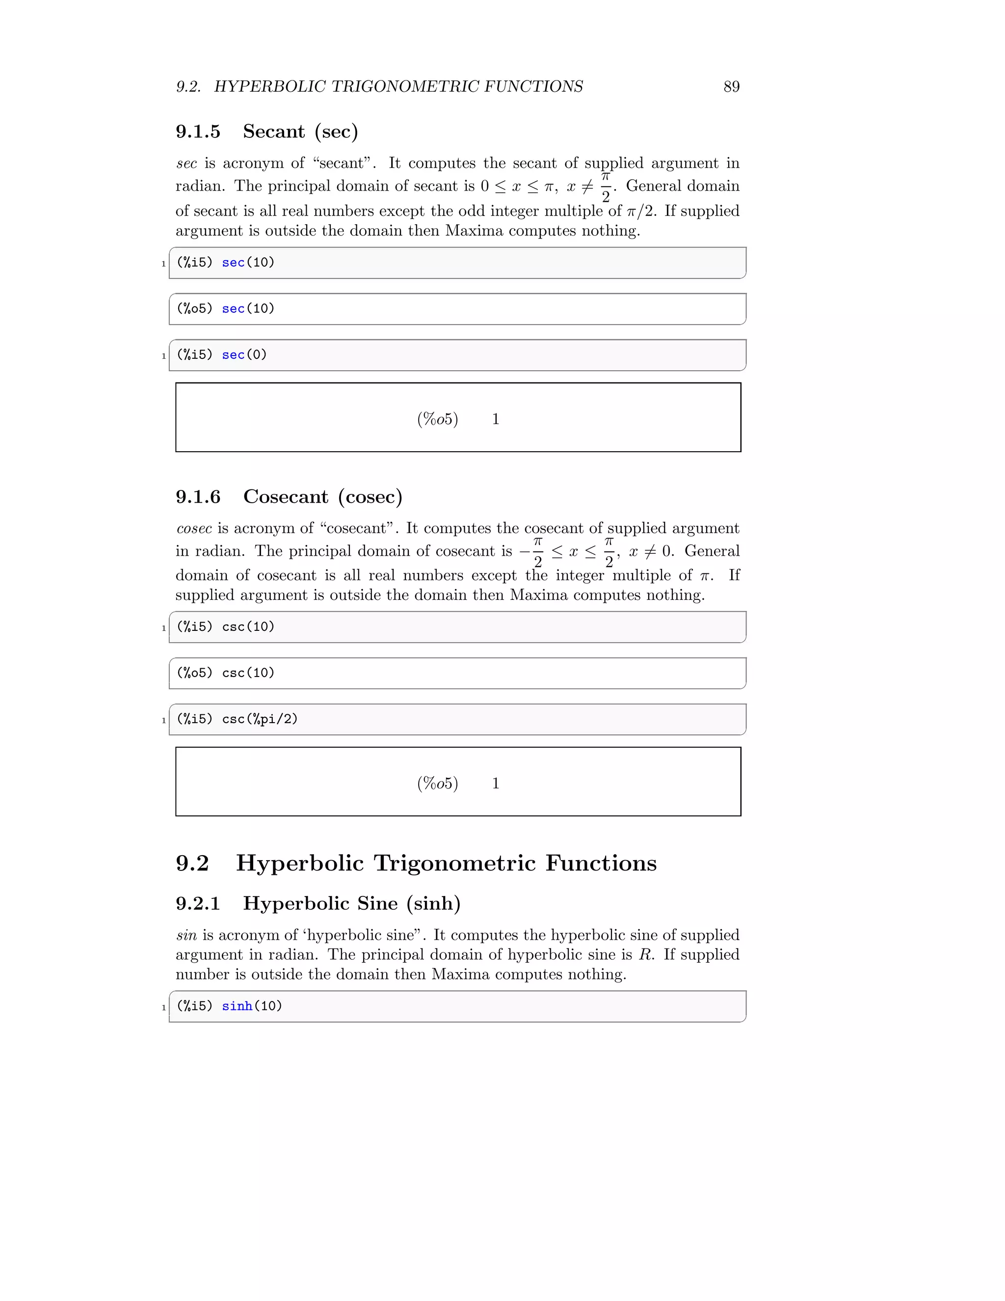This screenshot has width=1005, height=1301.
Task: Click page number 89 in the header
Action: pos(731,87)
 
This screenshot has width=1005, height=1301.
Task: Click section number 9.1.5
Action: pos(198,132)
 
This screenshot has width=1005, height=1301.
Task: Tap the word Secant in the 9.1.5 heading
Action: pos(274,132)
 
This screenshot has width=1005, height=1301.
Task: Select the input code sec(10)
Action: pos(248,263)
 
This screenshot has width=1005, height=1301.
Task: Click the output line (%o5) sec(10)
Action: pos(226,309)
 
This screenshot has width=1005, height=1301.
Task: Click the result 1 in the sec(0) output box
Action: pos(495,419)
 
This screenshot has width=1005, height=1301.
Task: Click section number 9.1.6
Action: pos(198,497)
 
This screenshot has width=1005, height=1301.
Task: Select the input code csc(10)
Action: pos(248,626)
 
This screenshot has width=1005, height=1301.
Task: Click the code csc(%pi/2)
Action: pos(260,719)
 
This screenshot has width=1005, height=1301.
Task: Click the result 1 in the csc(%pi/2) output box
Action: pos(495,784)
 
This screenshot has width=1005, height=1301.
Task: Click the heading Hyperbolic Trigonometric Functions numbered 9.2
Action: pos(446,863)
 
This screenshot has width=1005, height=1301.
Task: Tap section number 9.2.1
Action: pos(198,904)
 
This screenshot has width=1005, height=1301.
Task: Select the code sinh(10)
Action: pos(252,1006)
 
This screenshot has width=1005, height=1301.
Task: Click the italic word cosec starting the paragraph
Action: pos(194,528)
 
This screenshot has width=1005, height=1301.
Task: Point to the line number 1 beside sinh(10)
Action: pos(164,1008)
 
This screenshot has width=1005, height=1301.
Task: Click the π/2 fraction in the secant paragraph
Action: pos(606,187)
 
